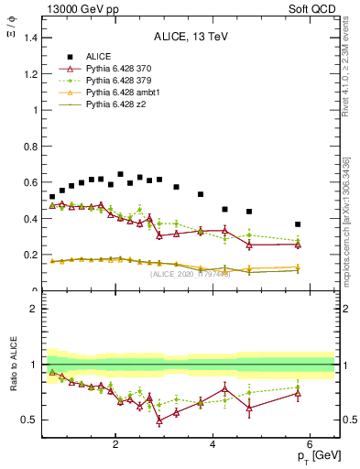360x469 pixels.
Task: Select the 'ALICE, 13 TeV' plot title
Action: pos(189,37)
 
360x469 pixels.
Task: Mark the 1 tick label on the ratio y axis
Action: pos(35,365)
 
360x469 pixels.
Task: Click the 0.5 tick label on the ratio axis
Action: pos(31,420)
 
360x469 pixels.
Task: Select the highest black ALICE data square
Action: pos(120,174)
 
